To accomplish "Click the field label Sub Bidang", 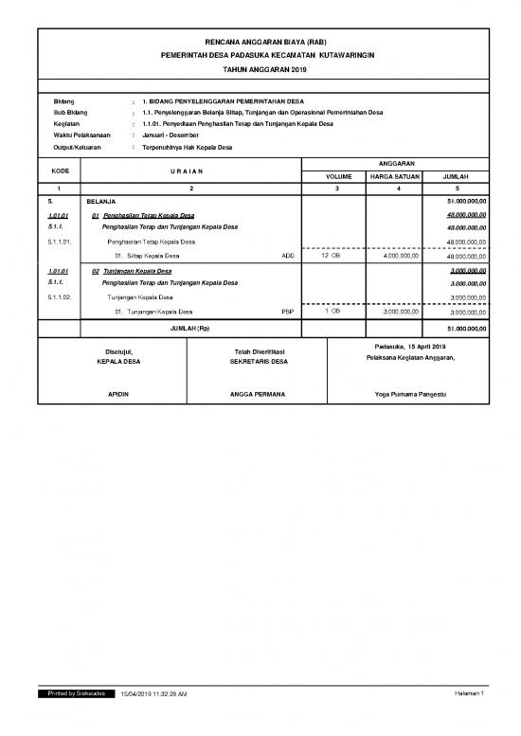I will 70,112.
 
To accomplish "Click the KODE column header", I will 60,170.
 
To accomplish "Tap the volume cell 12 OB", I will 331,256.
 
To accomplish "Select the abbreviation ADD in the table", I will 288,256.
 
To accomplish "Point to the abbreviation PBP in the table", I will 288,311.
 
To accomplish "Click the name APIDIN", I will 117,393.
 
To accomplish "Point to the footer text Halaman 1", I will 469,694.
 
